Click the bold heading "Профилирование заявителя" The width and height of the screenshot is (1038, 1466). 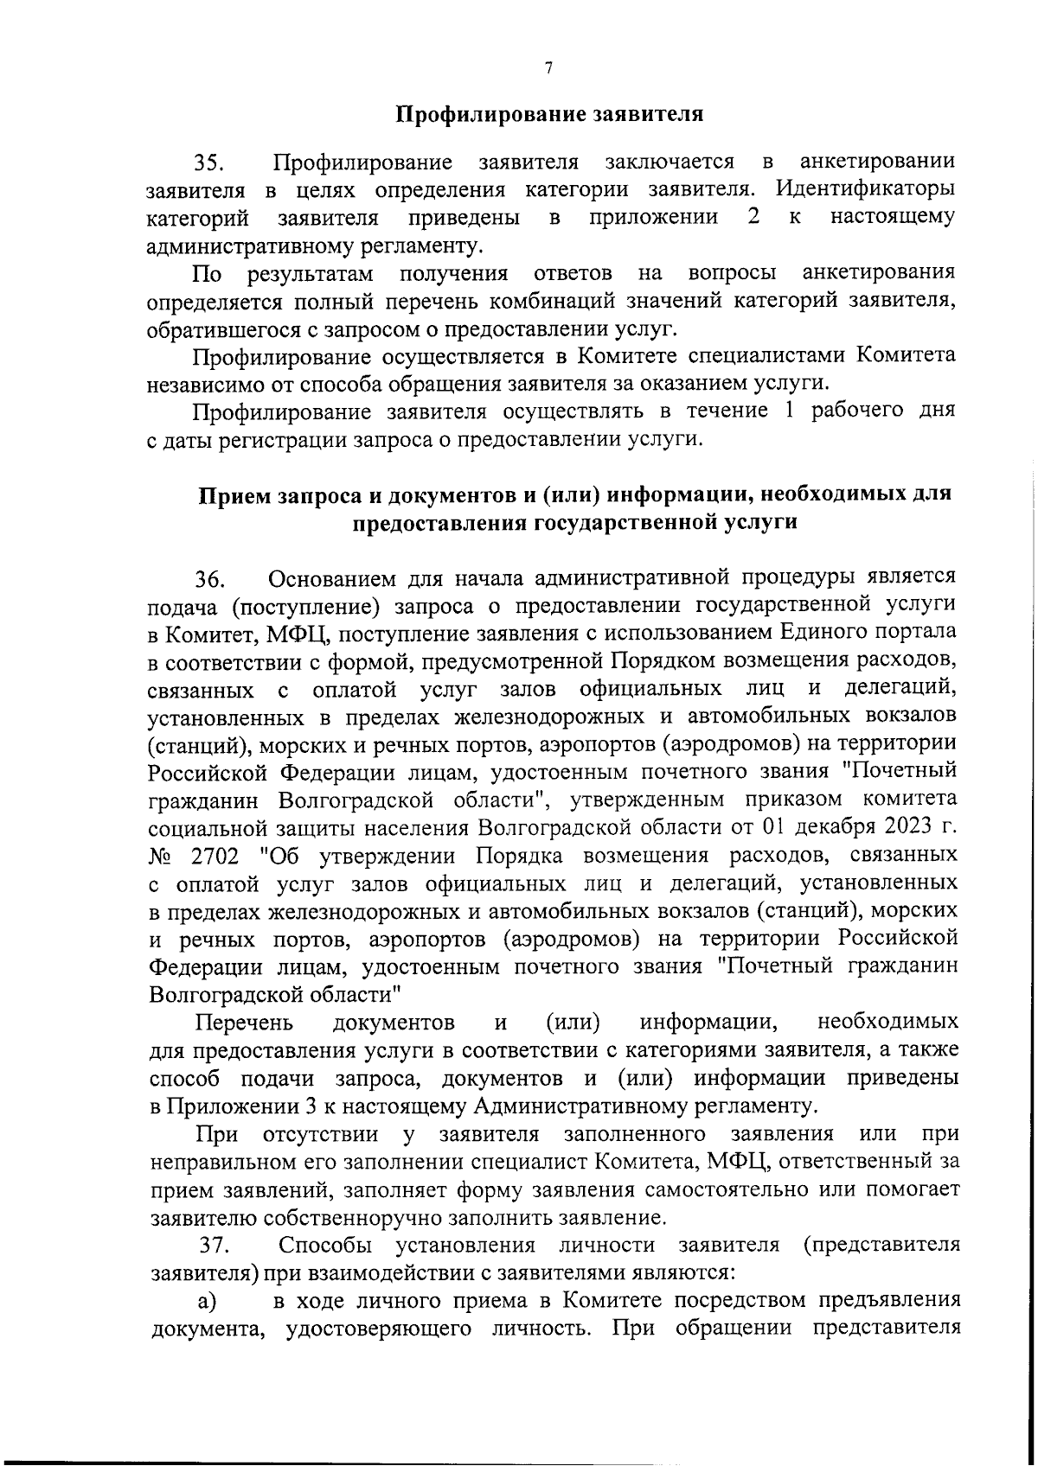click(549, 114)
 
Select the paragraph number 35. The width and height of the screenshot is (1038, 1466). click(209, 163)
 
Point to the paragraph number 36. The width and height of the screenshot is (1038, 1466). click(209, 578)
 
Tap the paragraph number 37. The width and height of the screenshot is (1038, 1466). click(215, 1246)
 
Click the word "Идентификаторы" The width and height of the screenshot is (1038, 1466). click(865, 189)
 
